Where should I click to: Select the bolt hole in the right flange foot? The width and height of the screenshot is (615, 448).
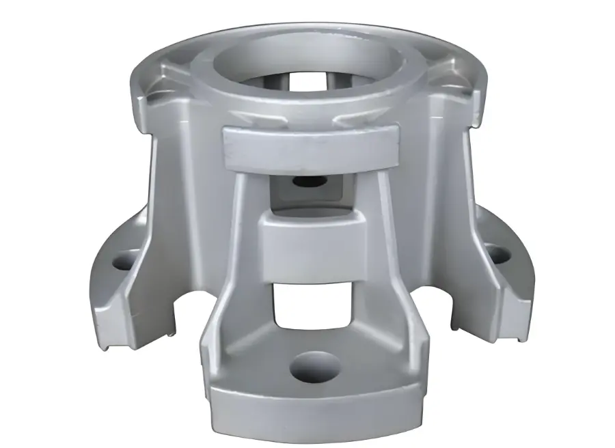497,254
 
